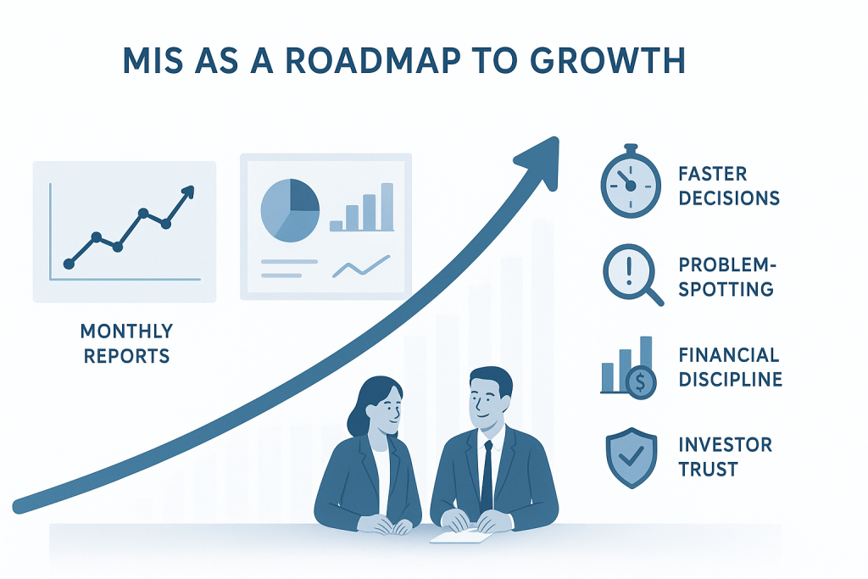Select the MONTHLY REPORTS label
(x=126, y=342)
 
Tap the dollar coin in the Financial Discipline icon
(x=641, y=382)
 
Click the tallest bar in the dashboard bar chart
(x=387, y=207)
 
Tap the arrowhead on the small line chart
(x=187, y=192)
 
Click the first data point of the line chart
(x=69, y=264)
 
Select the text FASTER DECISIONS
(x=728, y=187)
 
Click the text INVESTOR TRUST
(x=725, y=456)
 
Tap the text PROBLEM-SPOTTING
(x=726, y=277)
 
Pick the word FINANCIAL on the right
(x=728, y=354)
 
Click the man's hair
(x=489, y=380)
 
